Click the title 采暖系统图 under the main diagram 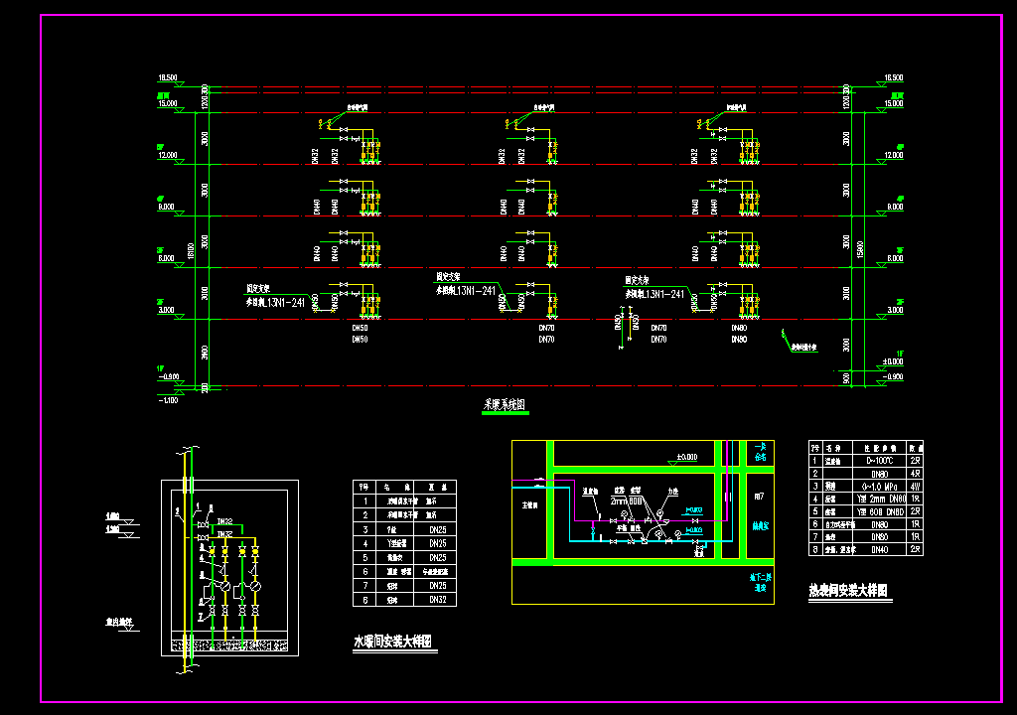coord(505,405)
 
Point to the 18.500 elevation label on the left coord(167,77)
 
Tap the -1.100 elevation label coord(167,399)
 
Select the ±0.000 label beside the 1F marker coord(891,361)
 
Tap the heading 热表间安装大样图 coord(847,591)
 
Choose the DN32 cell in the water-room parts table coord(437,600)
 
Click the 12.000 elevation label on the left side coord(167,155)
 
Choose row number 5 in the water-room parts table coord(364,558)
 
